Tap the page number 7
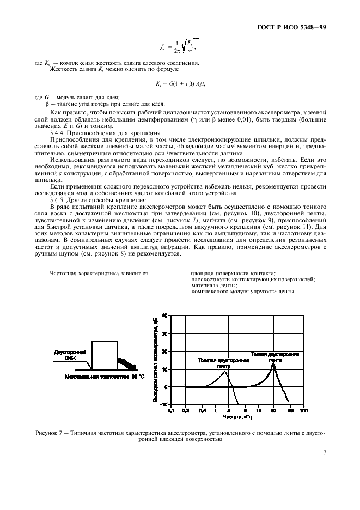click(324, 452)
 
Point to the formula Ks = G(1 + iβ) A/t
click(180, 83)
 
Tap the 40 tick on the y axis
click(164, 315)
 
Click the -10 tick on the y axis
click(163, 404)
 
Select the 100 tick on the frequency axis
click(303, 410)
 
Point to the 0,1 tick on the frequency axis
click(170, 410)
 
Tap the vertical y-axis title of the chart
click(155, 360)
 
